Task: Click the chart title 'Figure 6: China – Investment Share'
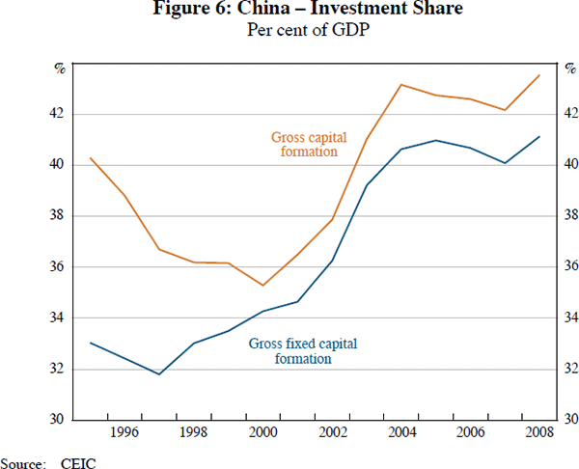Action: [289, 11]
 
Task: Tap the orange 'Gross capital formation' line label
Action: [308, 145]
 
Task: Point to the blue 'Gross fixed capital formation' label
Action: [289, 350]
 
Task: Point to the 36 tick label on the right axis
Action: [571, 267]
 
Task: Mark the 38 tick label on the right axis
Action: [571, 216]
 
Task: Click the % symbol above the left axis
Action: [58, 68]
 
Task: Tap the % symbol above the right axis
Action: [569, 68]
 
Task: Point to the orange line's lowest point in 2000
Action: [263, 286]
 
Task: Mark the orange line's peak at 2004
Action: [401, 85]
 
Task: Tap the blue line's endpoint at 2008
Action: [538, 137]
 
